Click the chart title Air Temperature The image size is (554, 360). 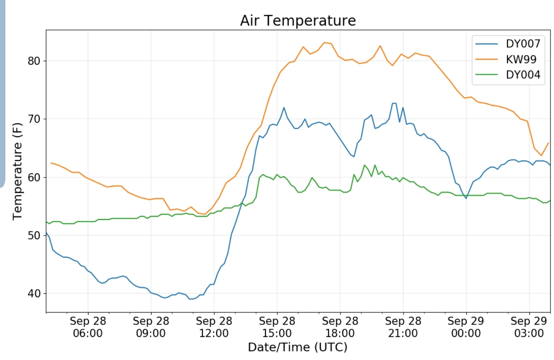coord(298,20)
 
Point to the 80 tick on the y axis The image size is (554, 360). coord(34,61)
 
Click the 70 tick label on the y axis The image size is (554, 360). coord(34,119)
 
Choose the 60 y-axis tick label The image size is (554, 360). coord(34,177)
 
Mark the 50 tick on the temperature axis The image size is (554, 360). coord(34,235)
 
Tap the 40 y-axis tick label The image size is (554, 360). coord(34,293)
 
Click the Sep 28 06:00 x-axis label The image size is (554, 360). coord(88,327)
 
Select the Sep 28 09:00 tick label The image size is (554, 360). coord(151,327)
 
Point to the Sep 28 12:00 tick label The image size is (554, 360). coord(214,327)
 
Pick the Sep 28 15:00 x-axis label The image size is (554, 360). coord(277,327)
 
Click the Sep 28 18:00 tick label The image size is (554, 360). coord(340,327)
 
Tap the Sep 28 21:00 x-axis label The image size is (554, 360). coord(403,327)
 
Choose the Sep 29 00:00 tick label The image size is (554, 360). coord(466,327)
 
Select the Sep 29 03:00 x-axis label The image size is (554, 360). coord(529,327)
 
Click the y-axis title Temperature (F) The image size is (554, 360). coord(17,171)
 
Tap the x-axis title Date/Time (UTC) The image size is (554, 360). coord(297,347)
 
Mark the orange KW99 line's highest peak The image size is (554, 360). coord(324,42)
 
